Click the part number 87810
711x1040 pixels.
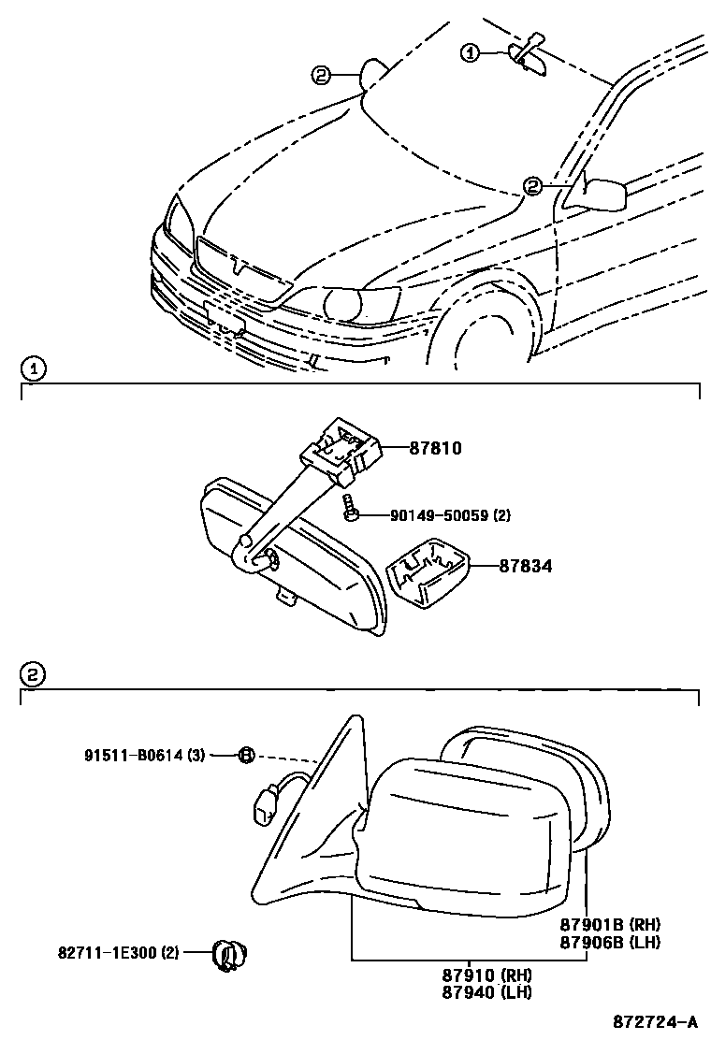435,449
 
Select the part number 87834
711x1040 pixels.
525,566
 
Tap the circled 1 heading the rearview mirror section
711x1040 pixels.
31,369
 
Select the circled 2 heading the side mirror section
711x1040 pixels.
31,674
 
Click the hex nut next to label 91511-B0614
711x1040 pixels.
246,754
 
